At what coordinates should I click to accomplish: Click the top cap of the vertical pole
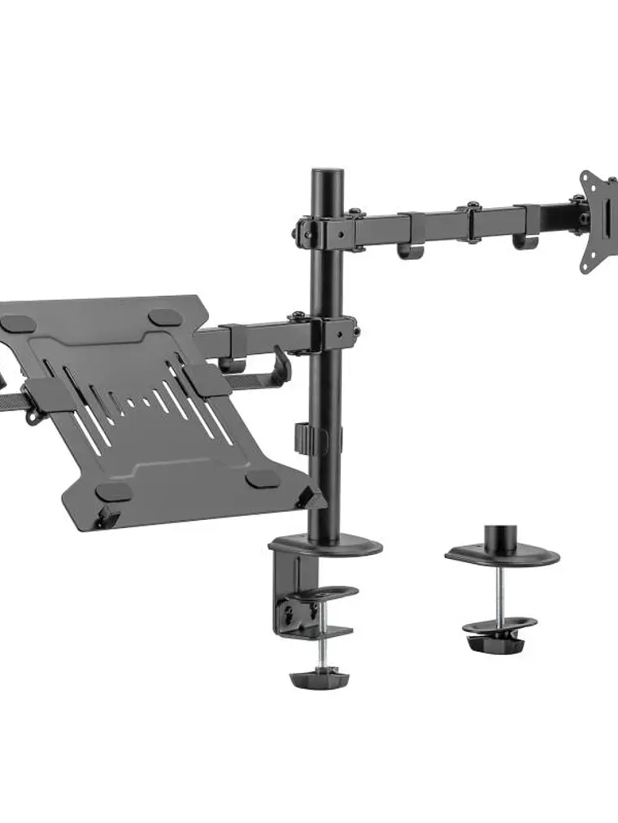[x=328, y=175]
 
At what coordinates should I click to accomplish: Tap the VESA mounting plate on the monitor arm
[x=598, y=220]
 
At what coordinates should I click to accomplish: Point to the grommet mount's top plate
[x=502, y=557]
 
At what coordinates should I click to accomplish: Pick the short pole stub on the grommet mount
[x=502, y=537]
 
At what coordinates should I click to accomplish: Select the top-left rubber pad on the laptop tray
[x=18, y=323]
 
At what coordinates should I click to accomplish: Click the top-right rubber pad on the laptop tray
[x=165, y=316]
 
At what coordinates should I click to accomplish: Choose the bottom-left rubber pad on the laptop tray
[x=114, y=492]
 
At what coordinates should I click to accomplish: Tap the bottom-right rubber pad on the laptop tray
[x=262, y=478]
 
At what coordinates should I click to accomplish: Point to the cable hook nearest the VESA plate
[x=520, y=241]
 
